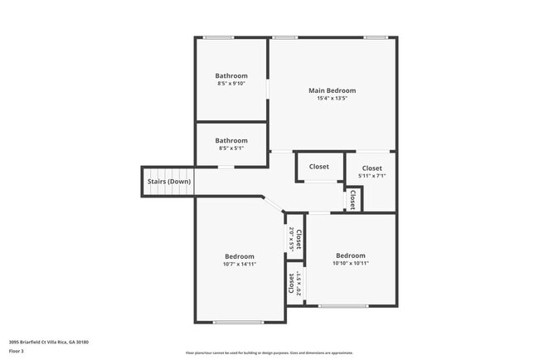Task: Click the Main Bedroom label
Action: coord(332,90)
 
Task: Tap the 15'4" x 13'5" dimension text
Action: coord(332,99)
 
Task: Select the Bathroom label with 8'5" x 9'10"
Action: coord(232,75)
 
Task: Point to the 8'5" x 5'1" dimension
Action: coord(232,148)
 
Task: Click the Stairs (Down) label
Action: coord(168,182)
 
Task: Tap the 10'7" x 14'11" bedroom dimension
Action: coord(240,264)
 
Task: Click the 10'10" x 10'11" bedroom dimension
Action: coord(351,263)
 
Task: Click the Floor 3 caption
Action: coord(17,351)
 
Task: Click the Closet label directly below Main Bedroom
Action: coord(319,167)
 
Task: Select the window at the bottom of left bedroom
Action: coord(238,322)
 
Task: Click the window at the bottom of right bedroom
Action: coord(343,306)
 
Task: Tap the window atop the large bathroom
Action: coord(219,37)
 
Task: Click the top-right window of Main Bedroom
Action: coord(375,37)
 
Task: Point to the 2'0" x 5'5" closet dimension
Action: coord(291,240)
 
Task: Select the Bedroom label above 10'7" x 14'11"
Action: coord(240,256)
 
